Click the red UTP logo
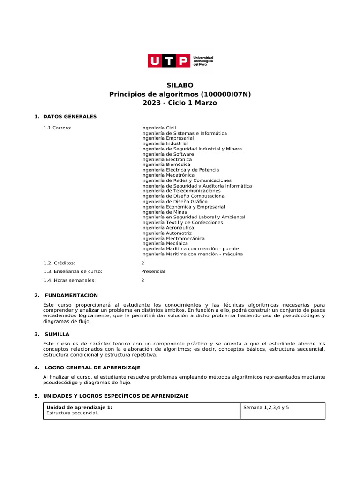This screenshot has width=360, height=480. pyautogui.click(x=170, y=61)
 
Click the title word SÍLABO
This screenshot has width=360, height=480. pyautogui.click(x=180, y=85)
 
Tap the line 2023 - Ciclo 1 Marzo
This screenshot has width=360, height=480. pyautogui.click(x=180, y=103)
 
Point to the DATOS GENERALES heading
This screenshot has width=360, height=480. pyautogui.click(x=69, y=116)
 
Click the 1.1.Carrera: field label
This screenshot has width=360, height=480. pyautogui.click(x=57, y=127)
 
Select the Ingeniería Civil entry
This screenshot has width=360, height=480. pyautogui.click(x=158, y=127)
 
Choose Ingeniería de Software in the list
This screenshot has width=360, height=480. pyautogui.click(x=167, y=154)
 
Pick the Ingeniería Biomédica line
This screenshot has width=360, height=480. pyautogui.click(x=166, y=165)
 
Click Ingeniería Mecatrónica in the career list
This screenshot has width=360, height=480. pyautogui.click(x=168, y=175)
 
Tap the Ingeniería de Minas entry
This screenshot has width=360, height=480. pyautogui.click(x=164, y=212)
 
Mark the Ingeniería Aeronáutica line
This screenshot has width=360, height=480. pyautogui.click(x=167, y=228)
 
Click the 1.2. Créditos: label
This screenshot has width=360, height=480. pyautogui.click(x=59, y=263)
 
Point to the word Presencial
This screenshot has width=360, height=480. pyautogui.click(x=153, y=271)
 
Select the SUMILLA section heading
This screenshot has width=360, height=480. pyautogui.click(x=57, y=334)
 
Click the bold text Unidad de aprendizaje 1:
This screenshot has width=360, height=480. pyautogui.click(x=80, y=408)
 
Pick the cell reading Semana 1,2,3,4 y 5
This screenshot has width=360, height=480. pyautogui.click(x=266, y=408)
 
